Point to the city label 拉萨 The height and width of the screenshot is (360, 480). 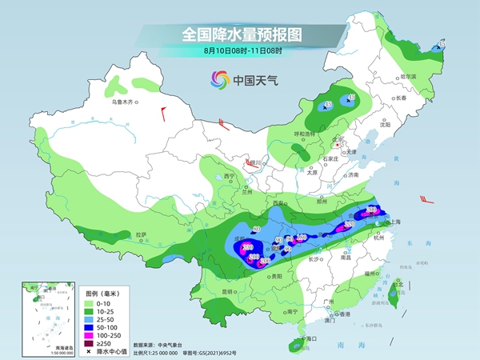pyautogui.click(x=141, y=234)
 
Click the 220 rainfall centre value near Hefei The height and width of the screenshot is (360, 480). pyautogui.click(x=371, y=210)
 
